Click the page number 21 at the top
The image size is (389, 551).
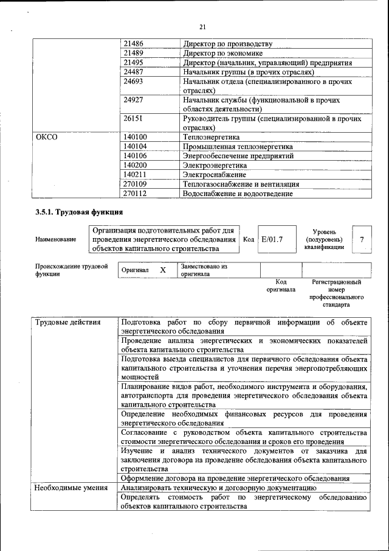coord(202,26)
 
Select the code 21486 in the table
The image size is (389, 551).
coord(133,44)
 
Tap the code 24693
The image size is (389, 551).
coord(133,81)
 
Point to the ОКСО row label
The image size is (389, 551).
coord(47,138)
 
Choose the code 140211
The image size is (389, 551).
coord(135,174)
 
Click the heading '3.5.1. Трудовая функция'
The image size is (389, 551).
coord(79,212)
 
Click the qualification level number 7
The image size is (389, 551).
coord(362,239)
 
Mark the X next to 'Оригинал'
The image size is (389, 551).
coord(163,270)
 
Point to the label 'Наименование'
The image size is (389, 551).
coord(56,239)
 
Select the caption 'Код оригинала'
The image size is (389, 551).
coord(280,286)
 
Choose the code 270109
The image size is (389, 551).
coord(135,184)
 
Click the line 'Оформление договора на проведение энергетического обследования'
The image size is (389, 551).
coord(235,479)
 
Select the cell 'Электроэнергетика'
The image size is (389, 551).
coord(215,165)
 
